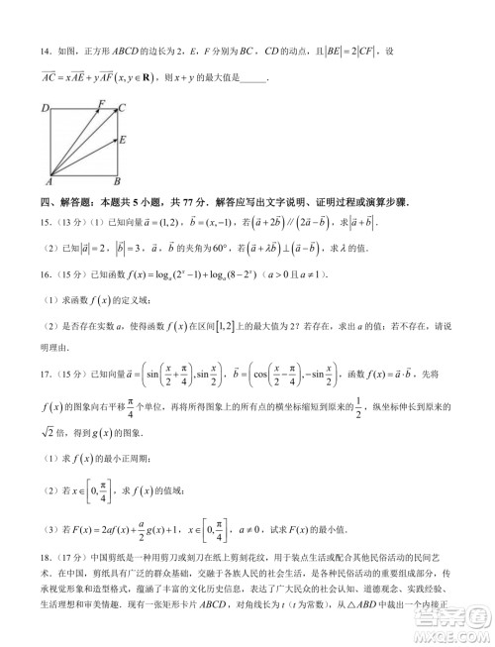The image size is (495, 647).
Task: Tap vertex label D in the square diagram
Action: [x=45, y=106]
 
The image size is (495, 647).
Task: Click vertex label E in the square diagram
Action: [x=122, y=140]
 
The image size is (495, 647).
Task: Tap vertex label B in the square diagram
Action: [x=116, y=183]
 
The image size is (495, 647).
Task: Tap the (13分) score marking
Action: [x=66, y=225]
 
